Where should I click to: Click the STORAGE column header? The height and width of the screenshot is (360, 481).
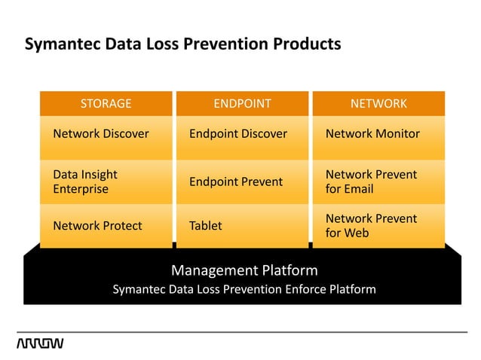(x=106, y=103)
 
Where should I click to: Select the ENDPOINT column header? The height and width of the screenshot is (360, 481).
(x=242, y=103)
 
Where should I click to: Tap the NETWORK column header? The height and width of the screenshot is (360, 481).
(x=378, y=103)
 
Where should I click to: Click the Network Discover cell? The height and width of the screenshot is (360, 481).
(x=101, y=134)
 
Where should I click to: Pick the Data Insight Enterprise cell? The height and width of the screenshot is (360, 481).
(x=85, y=182)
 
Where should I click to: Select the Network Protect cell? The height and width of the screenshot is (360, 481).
(x=97, y=225)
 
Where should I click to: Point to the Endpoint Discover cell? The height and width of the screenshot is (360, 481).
(x=238, y=134)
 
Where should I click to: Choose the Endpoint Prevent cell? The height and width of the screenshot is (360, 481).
(x=236, y=182)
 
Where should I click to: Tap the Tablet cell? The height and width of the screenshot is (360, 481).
(x=206, y=225)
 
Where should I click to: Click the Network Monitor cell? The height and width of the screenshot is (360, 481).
(x=372, y=134)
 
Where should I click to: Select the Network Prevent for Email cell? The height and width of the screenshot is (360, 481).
(x=371, y=182)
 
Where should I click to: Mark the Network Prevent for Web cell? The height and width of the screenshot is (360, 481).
(x=371, y=225)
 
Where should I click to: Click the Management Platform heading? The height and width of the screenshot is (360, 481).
(x=244, y=270)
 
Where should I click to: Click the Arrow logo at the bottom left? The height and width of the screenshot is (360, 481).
(x=40, y=344)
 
